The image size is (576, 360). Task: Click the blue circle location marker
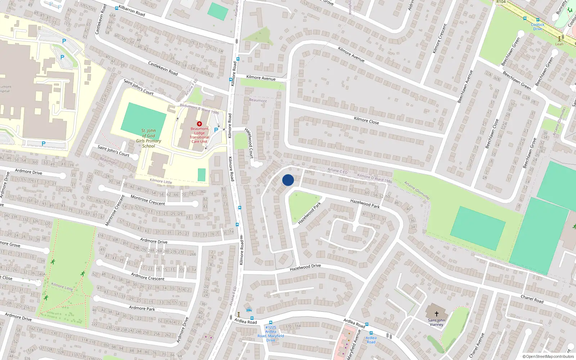288,180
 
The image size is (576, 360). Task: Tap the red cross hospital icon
199,124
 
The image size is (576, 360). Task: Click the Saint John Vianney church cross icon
437,314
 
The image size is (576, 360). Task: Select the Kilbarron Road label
132,11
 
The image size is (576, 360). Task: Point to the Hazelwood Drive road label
305,267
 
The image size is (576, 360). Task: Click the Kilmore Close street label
366,121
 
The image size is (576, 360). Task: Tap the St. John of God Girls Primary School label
149,138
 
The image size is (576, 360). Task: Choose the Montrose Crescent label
148,201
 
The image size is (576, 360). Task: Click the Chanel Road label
532,299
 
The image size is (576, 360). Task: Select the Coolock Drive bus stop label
537,27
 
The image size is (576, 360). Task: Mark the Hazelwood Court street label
249,143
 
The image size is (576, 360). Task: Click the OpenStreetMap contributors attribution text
548,356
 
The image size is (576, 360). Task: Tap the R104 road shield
501,2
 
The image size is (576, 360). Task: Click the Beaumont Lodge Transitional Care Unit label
199,135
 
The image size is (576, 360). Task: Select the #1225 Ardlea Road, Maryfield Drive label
271,334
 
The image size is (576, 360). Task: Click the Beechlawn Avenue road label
465,86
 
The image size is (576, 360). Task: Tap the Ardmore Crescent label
148,276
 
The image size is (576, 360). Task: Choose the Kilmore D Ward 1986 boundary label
375,179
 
